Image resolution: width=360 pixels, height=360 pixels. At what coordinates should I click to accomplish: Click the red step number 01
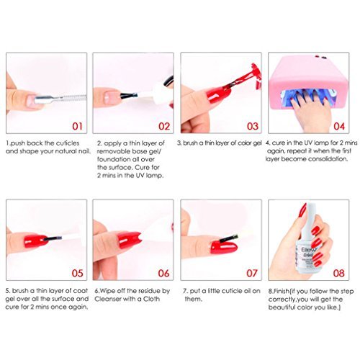pyautogui.click(x=77, y=126)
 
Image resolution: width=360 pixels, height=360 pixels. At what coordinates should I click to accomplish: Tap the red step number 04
pyautogui.click(x=339, y=126)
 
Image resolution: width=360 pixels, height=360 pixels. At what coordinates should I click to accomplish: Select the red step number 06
pyautogui.click(x=163, y=273)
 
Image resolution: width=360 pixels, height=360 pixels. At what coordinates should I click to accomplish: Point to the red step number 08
pyautogui.click(x=338, y=273)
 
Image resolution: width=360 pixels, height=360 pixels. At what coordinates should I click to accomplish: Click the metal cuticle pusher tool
pyautogui.click(x=60, y=99)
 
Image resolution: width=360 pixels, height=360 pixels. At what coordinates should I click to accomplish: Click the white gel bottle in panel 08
pyautogui.click(x=307, y=243)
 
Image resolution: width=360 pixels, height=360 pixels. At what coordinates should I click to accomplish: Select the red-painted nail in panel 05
pyautogui.click(x=35, y=240)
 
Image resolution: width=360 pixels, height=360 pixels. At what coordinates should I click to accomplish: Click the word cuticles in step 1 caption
pyautogui.click(x=67, y=143)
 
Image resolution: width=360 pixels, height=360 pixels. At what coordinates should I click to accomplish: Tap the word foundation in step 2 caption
pyautogui.click(x=111, y=159)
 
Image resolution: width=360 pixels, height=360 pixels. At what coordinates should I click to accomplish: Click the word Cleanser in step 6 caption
pyautogui.click(x=107, y=299)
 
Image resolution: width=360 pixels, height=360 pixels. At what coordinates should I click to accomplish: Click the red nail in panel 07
pyautogui.click(x=224, y=247)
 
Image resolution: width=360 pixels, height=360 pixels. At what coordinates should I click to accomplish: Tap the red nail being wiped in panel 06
pyautogui.click(x=129, y=240)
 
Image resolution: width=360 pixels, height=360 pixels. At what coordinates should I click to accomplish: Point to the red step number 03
pyautogui.click(x=253, y=126)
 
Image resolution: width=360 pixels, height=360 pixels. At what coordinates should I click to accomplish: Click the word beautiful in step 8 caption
pyautogui.click(x=282, y=307)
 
